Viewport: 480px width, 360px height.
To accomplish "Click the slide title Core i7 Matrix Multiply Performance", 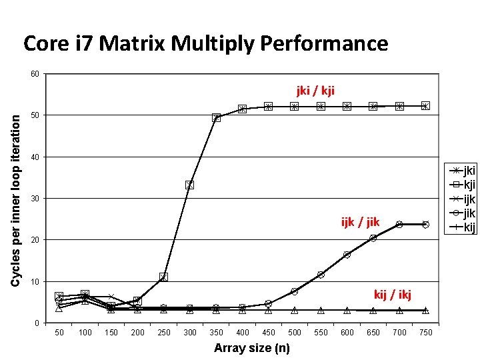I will click(205, 44).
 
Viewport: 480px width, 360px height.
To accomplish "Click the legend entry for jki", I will click(465, 171).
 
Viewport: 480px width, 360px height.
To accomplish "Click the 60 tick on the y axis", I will click(34, 73).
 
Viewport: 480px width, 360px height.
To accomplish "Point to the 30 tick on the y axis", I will click(34, 199).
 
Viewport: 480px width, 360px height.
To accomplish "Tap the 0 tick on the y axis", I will click(36, 323).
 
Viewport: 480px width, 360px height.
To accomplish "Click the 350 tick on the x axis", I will click(216, 333).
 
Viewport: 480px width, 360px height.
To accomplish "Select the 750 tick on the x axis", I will click(425, 333).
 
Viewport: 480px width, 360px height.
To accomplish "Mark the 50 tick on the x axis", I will click(59, 333).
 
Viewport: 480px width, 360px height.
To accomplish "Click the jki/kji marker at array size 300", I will click(190, 185).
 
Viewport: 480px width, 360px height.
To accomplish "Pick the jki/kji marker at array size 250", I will click(163, 277).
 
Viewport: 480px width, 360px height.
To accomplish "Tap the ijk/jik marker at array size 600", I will click(347, 255).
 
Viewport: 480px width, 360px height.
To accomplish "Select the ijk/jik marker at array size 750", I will click(425, 225).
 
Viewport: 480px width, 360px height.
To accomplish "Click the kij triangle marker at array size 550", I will click(321, 310).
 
